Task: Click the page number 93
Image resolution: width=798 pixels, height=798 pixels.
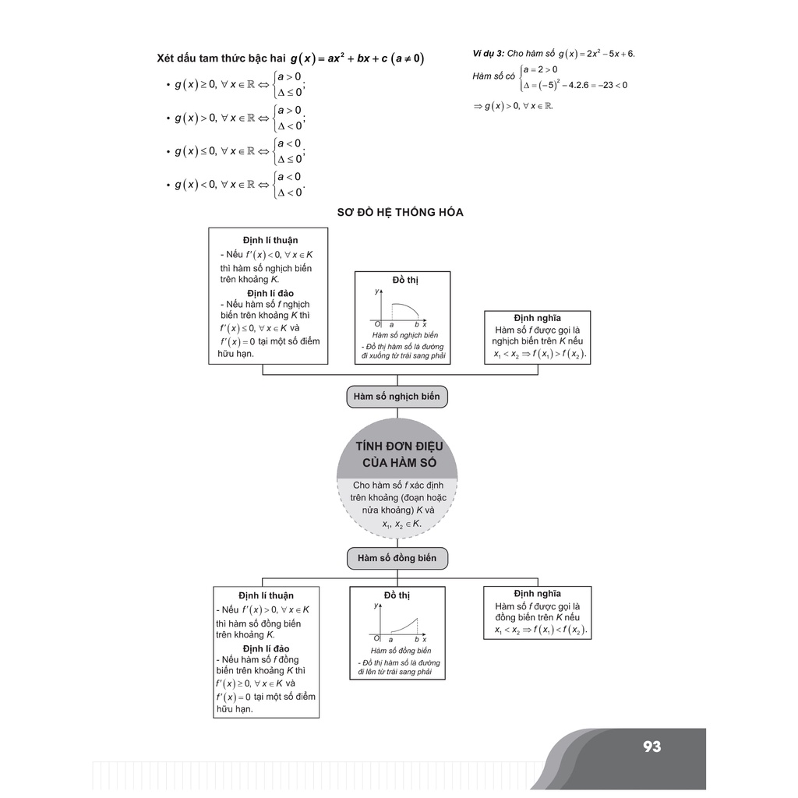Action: (652, 747)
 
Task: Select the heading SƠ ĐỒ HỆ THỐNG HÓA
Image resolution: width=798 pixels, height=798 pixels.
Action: (400, 212)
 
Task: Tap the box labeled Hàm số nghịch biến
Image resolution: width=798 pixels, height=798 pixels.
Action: (397, 397)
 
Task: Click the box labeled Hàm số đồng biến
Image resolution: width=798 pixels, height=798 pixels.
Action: (397, 558)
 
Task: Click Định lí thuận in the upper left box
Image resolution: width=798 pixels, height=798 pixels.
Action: (270, 240)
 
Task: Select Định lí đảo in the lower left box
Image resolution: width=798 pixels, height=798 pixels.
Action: (266, 648)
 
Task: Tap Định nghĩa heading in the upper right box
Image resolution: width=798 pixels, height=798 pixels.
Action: (537, 318)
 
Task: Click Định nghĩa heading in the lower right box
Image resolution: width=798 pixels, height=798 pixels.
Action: (537, 594)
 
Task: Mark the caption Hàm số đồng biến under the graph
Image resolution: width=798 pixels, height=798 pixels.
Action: (401, 651)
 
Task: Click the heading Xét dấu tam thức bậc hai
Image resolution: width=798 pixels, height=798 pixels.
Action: (221, 58)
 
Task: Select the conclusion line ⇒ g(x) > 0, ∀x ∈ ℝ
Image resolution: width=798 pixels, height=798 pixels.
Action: (513, 106)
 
